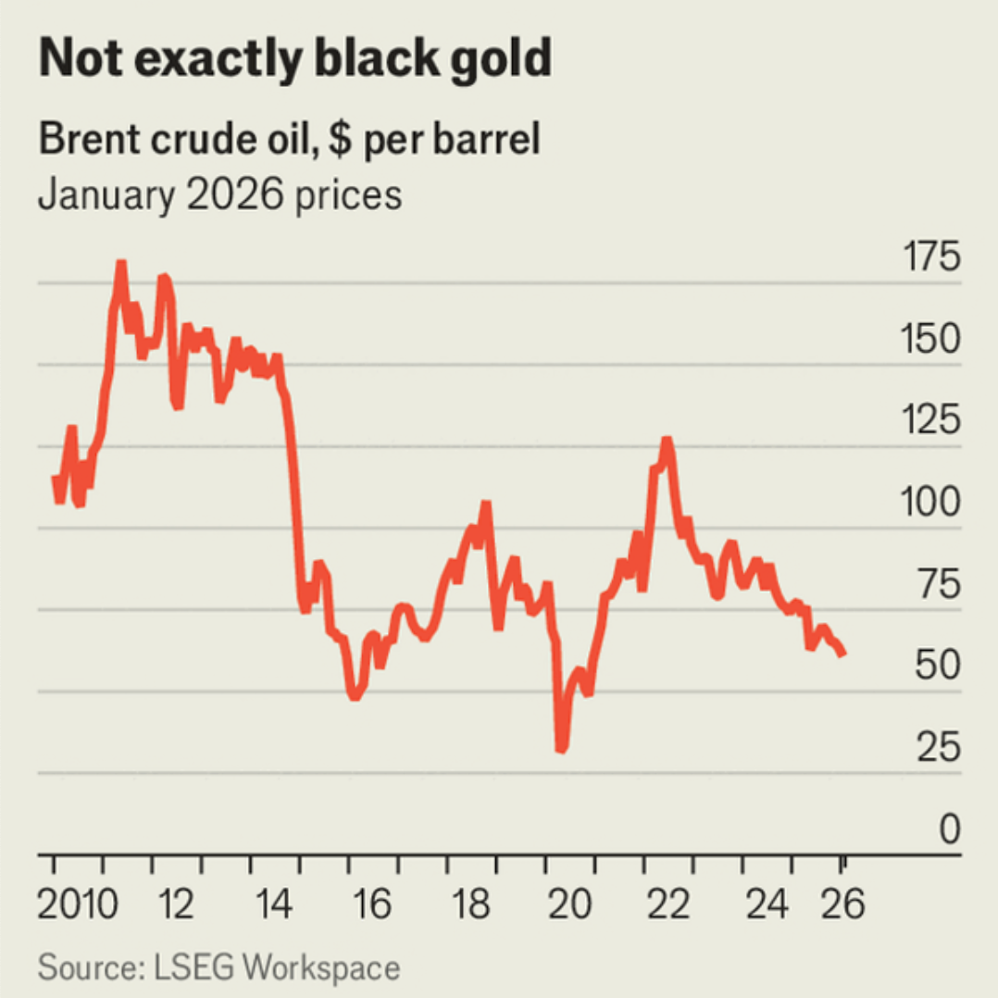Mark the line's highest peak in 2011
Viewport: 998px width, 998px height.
pyautogui.click(x=120, y=264)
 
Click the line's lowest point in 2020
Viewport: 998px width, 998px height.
pyautogui.click(x=560, y=748)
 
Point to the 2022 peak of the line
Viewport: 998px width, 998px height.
pyautogui.click(x=667, y=441)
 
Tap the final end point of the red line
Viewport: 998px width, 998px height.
pyautogui.click(x=842, y=654)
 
